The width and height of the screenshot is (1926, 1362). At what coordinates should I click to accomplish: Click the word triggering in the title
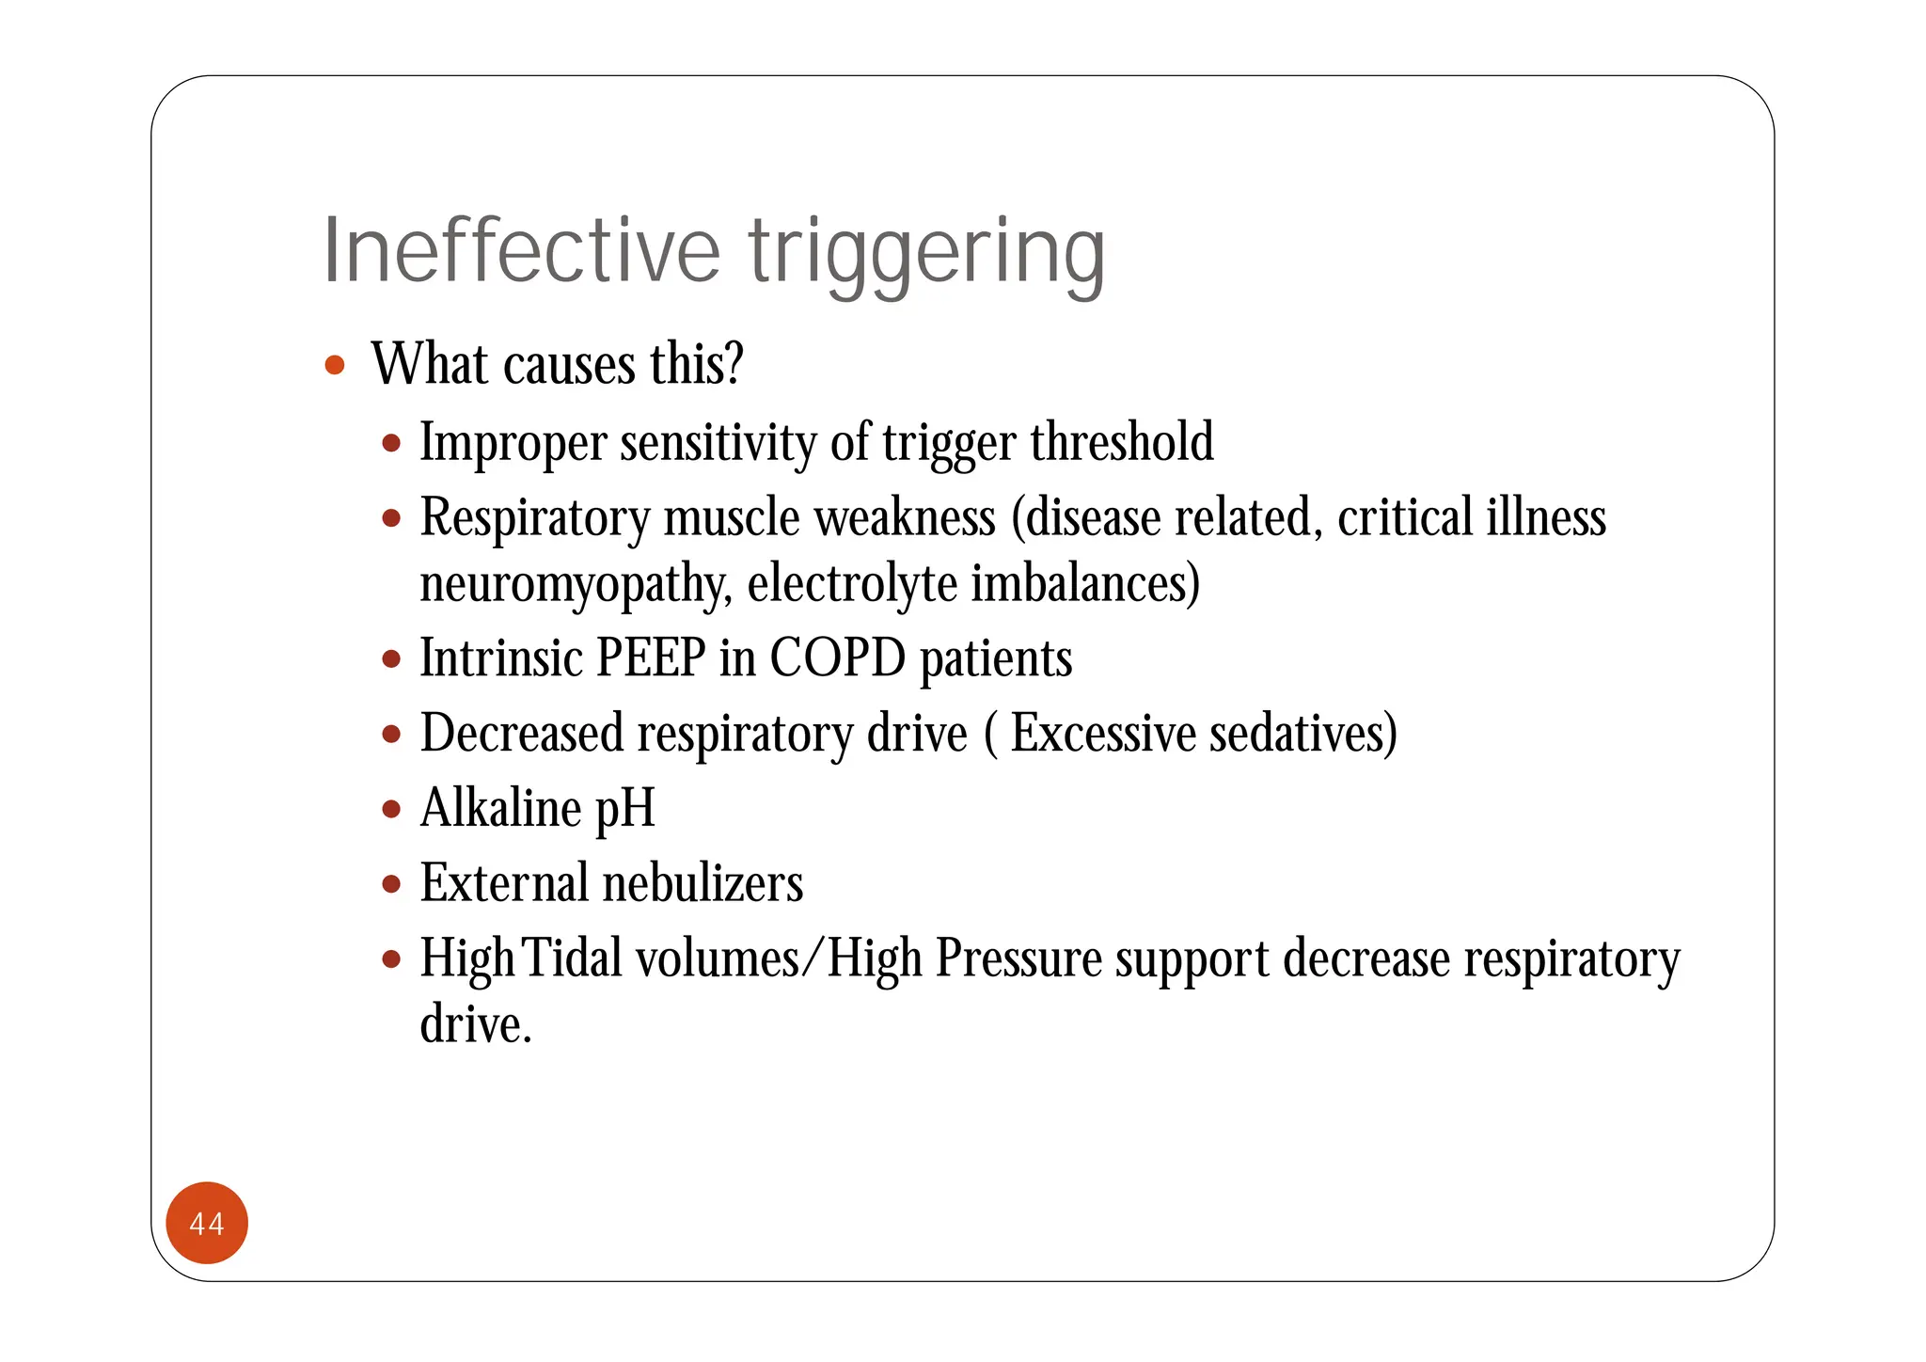click(926, 254)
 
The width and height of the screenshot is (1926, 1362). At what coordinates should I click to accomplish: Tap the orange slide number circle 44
click(207, 1223)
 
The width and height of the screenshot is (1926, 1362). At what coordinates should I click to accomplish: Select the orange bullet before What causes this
click(334, 365)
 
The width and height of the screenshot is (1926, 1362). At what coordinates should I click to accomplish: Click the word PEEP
click(651, 657)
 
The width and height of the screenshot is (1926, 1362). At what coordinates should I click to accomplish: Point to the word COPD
click(837, 657)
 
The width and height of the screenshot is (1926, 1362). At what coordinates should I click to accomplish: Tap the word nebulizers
click(703, 883)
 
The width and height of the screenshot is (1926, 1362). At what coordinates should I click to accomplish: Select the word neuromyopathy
click(575, 585)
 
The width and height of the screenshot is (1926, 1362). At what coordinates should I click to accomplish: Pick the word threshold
click(1122, 441)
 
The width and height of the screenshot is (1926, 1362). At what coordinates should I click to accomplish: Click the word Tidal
click(572, 958)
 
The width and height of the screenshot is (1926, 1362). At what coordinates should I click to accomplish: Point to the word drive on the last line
click(475, 1024)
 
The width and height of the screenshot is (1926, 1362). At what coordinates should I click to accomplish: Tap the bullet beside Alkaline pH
click(392, 808)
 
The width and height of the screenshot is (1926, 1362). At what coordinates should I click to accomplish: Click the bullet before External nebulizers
click(392, 883)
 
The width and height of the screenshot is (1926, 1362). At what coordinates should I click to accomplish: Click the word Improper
click(513, 443)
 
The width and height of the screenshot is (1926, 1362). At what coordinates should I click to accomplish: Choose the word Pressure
click(1018, 958)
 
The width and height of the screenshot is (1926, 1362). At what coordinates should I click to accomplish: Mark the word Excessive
click(1103, 733)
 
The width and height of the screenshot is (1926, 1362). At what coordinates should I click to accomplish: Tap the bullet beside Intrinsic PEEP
click(392, 658)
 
